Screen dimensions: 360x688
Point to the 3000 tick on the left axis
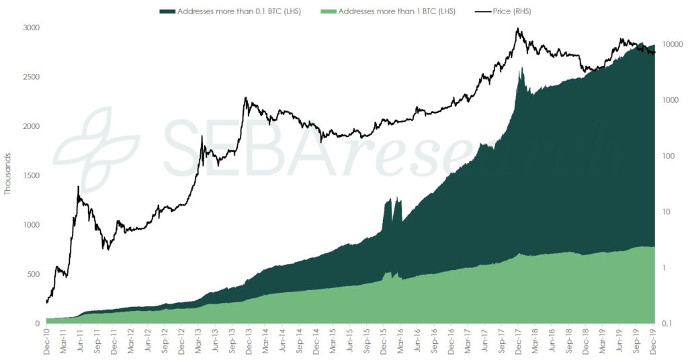coord(32,28)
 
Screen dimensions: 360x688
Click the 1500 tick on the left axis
coord(32,175)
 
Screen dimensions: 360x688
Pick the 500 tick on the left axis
coord(34,274)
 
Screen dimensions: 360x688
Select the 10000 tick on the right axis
coord(671,44)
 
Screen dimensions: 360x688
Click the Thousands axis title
coord(8,173)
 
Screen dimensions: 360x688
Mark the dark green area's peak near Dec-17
coord(521,68)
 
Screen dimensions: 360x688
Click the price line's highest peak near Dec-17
coord(517,29)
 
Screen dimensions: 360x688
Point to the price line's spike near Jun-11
coord(79,187)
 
